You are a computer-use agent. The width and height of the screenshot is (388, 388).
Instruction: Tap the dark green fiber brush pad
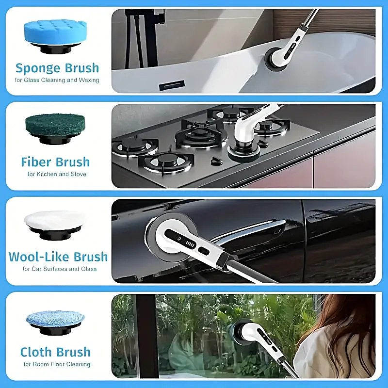pos(55,125)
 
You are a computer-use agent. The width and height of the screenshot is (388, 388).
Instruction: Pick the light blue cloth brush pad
pos(55,318)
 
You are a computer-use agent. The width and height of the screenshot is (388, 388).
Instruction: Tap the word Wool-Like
pos(40,257)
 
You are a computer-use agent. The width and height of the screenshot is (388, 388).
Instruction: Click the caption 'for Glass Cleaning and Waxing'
pos(57,80)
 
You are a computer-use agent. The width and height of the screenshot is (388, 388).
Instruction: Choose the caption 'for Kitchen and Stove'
pos(57,174)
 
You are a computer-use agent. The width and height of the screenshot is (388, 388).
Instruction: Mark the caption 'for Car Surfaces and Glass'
pos(60,269)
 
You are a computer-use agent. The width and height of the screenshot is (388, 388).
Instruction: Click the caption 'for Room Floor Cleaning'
pos(57,364)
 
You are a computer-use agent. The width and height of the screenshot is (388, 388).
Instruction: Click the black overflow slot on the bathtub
pos(172,85)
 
